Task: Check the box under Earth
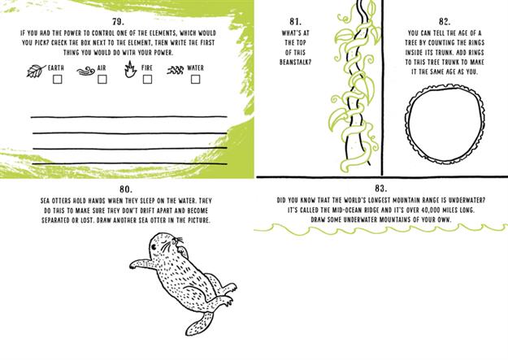pyautogui.click(x=58, y=80)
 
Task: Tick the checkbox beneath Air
pyautogui.click(x=102, y=80)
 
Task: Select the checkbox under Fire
pyautogui.click(x=147, y=80)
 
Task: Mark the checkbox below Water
pyautogui.click(x=195, y=80)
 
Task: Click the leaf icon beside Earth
pyautogui.click(x=35, y=71)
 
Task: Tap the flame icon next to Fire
pyautogui.click(x=130, y=69)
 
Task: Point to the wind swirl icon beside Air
pyautogui.click(x=86, y=71)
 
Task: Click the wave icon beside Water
pyautogui.click(x=176, y=70)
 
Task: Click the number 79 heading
pyautogui.click(x=118, y=22)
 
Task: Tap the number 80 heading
pyautogui.click(x=126, y=189)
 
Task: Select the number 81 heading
pyautogui.click(x=295, y=22)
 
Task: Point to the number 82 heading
pyautogui.click(x=445, y=22)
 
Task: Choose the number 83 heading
pyautogui.click(x=380, y=189)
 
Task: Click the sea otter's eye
pyautogui.click(x=154, y=248)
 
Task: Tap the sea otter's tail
pyautogui.click(x=198, y=323)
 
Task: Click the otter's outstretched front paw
pyautogui.click(x=136, y=264)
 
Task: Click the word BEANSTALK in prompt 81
pyautogui.click(x=295, y=62)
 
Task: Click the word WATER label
pyautogui.click(x=195, y=68)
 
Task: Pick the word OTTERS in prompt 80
pyautogui.click(x=60, y=201)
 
